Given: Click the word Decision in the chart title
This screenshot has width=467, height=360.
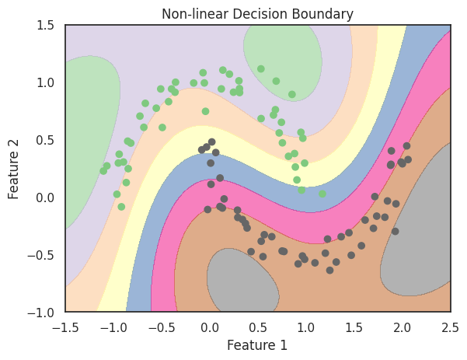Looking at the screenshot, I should point(257,13).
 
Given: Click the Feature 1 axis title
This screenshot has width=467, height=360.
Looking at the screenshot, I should point(257,345).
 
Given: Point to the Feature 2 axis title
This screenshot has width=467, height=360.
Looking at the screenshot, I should point(15,168).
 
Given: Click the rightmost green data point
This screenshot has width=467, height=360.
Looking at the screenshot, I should point(322,194).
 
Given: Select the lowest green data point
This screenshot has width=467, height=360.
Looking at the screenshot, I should point(121,207).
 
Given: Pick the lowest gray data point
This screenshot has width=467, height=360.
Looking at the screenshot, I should point(329,270).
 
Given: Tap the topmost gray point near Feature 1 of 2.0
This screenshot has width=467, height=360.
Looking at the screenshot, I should point(406,146).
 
